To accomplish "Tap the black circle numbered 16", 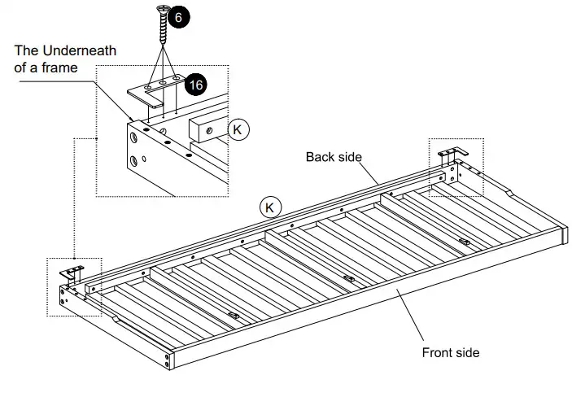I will click(194, 84).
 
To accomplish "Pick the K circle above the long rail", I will click(270, 207).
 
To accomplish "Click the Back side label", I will click(334, 156).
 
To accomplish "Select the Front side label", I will click(450, 352).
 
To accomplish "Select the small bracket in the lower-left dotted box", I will click(74, 270).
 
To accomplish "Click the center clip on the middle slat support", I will click(349, 278).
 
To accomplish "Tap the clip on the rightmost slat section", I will click(464, 242).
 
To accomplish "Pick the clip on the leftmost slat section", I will click(234, 315).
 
